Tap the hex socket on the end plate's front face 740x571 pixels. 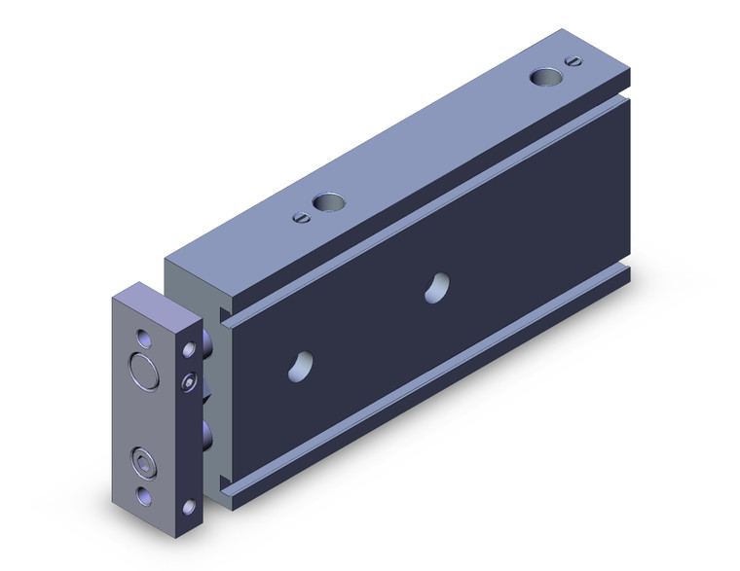pyautogui.click(x=144, y=459)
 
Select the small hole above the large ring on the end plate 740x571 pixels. pyautogui.click(x=145, y=338)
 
